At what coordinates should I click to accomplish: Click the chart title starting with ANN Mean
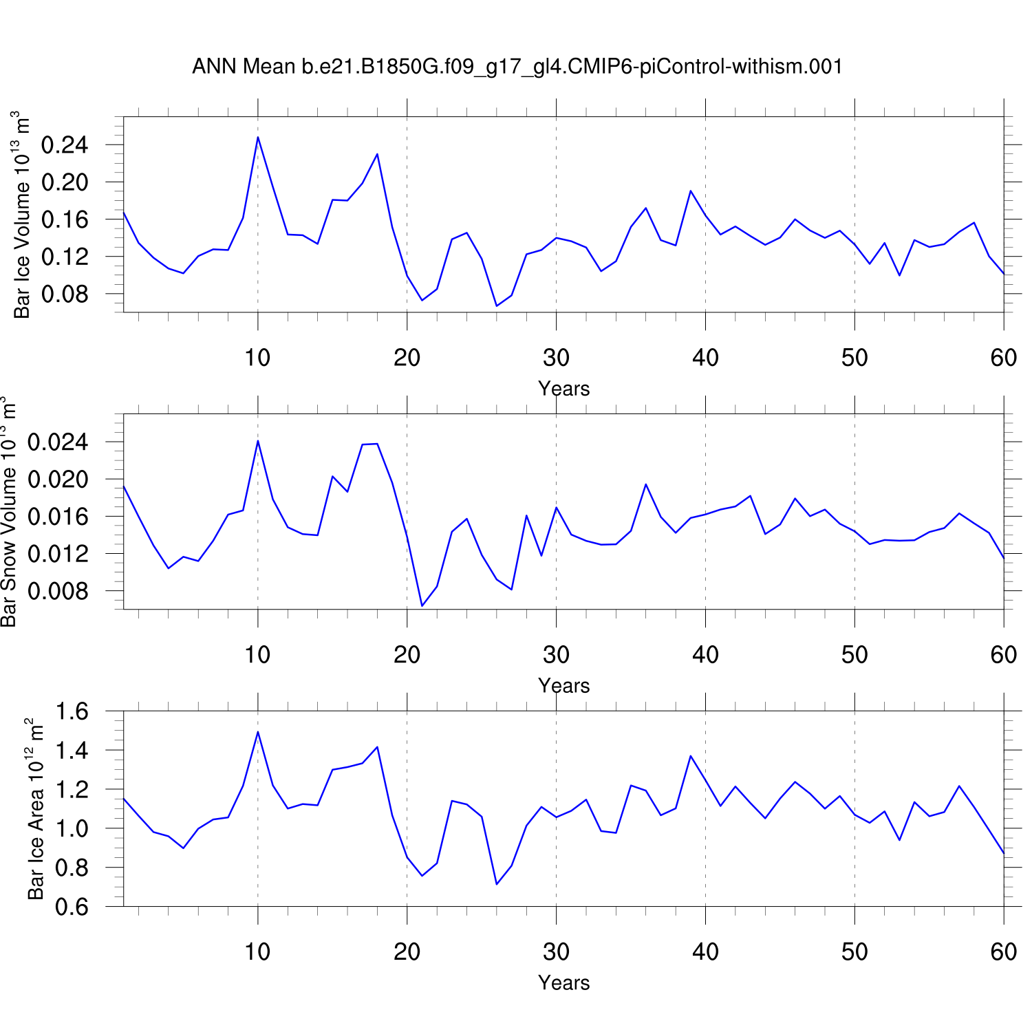point(517,67)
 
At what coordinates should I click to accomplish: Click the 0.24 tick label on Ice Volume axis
point(65,145)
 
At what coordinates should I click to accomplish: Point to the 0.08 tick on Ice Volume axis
point(65,294)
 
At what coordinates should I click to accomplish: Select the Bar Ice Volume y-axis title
point(22,215)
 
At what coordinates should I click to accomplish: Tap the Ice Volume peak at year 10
point(258,137)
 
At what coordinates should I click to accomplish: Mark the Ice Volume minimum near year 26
point(497,305)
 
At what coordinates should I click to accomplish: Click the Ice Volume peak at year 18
point(377,154)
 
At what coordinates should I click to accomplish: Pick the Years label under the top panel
point(563,389)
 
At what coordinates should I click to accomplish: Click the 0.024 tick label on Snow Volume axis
point(58,442)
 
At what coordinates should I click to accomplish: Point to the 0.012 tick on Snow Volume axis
point(58,554)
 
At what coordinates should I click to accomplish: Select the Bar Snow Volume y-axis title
point(8,512)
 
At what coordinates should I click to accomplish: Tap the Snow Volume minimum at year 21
point(422,605)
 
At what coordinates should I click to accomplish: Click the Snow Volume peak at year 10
point(258,440)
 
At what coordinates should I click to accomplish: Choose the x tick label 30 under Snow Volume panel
point(556,655)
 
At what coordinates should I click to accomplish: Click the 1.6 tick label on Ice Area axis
point(72,711)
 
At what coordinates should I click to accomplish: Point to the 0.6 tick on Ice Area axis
point(72,907)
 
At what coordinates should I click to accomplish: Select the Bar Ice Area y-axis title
point(35,809)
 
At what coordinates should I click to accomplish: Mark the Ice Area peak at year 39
point(691,756)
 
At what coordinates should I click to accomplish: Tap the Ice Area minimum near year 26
point(497,884)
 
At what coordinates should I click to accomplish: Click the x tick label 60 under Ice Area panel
point(1004,952)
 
